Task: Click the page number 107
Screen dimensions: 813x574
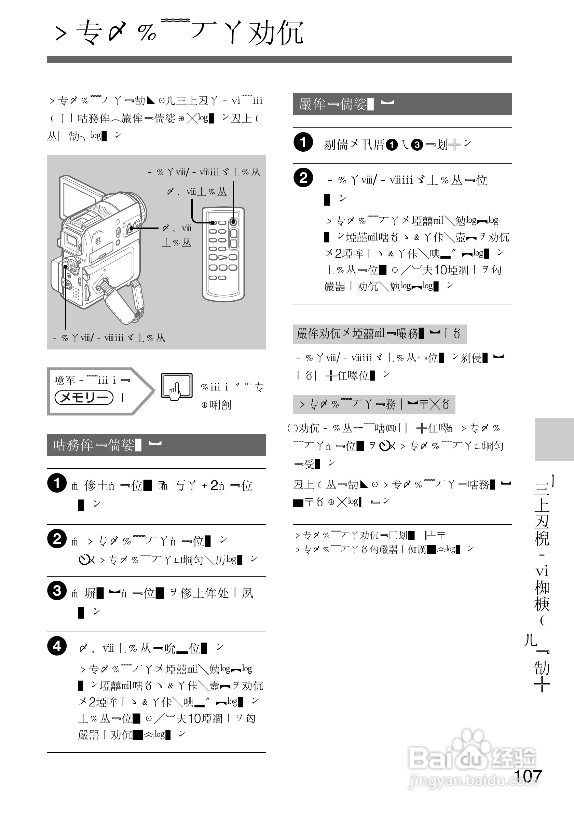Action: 527,776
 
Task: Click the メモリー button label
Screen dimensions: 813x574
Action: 84,397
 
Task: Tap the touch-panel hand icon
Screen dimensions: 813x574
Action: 176,387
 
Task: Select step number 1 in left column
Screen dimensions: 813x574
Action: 57,483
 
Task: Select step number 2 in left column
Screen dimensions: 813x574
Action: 57,539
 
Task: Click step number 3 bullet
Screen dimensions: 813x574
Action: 57,591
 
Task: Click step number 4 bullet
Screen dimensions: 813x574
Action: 57,646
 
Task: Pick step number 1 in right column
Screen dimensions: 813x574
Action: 303,142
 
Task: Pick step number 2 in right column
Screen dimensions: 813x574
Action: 303,177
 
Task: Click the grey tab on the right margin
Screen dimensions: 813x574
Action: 554,439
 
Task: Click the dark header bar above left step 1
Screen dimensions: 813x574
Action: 156,445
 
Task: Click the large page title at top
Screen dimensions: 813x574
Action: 179,32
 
